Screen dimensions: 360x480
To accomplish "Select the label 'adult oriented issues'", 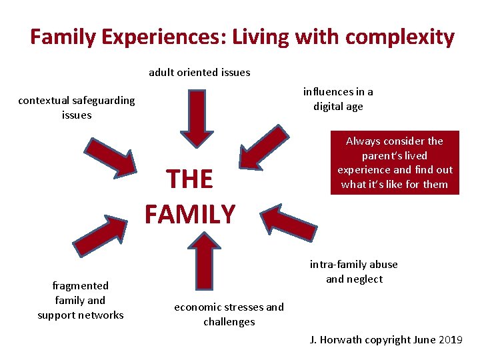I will coord(199,72).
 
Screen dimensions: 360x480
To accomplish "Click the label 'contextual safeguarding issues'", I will coord(76,107).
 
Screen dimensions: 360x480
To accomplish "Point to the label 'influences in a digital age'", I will coord(338,99).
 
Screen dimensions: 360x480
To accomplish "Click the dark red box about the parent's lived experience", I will coord(395,163).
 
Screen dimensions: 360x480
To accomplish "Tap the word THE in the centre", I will coord(189,179).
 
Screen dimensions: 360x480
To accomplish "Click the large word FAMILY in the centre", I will coord(190,214).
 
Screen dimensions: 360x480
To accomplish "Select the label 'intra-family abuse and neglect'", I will coord(353,271).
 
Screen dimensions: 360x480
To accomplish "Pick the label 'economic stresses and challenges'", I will coord(229,314).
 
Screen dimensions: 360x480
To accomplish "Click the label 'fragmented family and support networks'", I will coord(80,300).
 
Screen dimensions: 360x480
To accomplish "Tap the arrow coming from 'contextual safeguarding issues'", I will coord(109,157).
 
